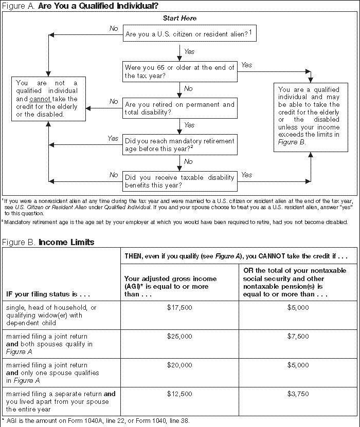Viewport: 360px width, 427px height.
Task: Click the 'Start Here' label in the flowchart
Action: pos(179,18)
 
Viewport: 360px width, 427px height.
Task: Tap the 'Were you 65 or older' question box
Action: pos(179,71)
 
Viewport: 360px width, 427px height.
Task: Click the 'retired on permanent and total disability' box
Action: pos(179,108)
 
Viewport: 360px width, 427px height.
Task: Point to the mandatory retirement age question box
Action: pos(179,144)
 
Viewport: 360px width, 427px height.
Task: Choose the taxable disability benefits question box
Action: pos(179,181)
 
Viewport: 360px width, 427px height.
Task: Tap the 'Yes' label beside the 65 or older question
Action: pos(247,65)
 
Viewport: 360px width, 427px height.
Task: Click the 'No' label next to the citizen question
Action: pos(114,28)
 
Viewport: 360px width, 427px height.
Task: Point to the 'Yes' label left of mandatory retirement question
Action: pos(113,139)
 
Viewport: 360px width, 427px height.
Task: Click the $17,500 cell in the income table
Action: pos(179,307)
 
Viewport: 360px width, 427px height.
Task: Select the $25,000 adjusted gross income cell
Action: pos(179,336)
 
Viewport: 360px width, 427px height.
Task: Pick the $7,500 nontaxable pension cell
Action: pos(299,336)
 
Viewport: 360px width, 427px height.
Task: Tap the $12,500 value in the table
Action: pos(179,394)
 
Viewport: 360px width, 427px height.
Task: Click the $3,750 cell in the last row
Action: pos(299,394)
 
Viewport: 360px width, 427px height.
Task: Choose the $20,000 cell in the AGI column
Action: pos(179,365)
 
